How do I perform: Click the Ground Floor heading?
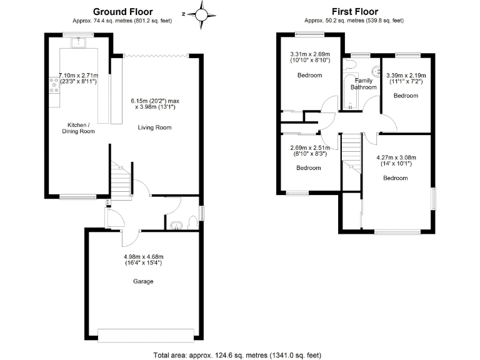coord(122,11)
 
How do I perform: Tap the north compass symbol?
coord(202,12)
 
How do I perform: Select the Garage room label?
coord(142,281)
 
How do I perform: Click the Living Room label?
coord(154,127)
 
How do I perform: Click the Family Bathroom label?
coord(363,84)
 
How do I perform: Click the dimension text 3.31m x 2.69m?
coord(309,57)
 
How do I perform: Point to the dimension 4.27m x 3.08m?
coord(395,161)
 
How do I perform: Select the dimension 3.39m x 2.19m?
coord(405,78)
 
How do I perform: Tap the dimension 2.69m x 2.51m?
coord(308,150)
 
